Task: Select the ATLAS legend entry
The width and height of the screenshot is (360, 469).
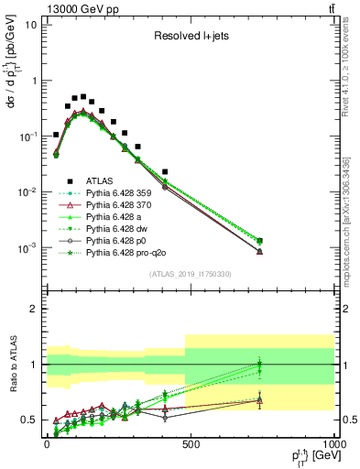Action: point(100,181)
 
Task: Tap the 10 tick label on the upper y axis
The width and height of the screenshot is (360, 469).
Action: point(29,25)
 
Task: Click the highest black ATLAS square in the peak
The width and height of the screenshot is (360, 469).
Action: point(83,96)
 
